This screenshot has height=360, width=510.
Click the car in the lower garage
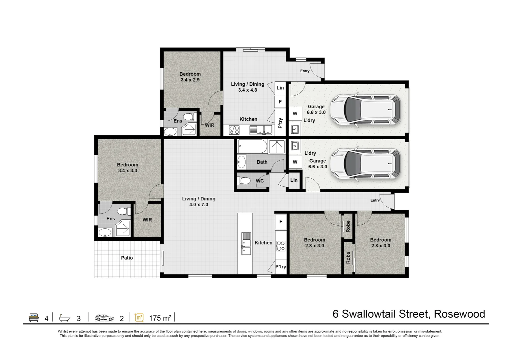click(365, 163)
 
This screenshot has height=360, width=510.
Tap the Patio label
click(127, 258)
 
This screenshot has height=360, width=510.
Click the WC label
click(260, 181)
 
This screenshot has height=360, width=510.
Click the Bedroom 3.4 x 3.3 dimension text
click(127, 170)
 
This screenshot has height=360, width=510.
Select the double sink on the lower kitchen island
click(246, 243)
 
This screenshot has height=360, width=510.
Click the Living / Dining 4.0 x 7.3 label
click(198, 201)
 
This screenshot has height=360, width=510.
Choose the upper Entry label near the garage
click(305, 71)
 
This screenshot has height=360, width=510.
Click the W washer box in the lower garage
click(295, 162)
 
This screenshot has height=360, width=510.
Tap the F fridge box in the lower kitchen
click(281, 222)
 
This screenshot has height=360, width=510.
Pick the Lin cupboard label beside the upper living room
click(280, 88)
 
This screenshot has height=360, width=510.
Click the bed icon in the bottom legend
click(34, 317)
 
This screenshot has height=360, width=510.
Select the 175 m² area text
click(160, 318)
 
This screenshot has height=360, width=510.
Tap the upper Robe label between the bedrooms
click(348, 226)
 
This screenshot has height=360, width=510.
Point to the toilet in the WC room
click(244, 181)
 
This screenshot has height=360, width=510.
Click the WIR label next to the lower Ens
click(147, 220)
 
